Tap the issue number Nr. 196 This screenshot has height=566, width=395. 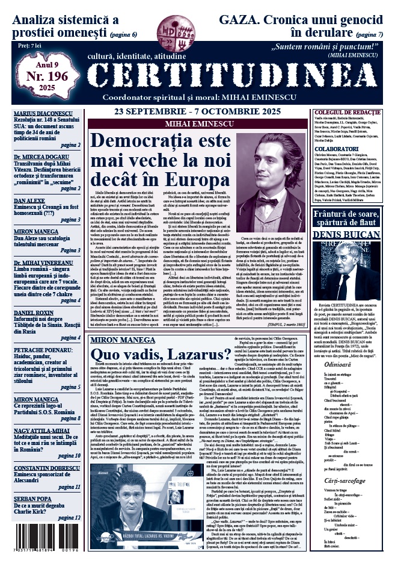(47, 76)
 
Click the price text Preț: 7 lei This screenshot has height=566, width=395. (30, 45)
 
